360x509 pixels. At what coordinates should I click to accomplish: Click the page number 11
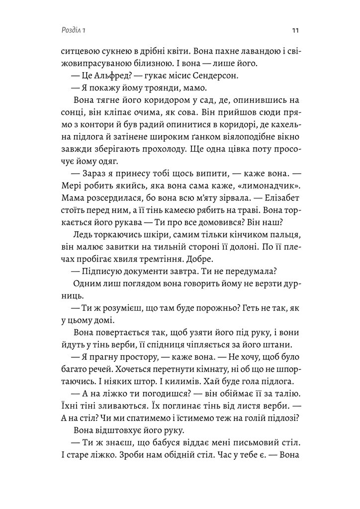[295, 30]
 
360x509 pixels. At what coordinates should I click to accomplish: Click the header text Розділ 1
[72, 30]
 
